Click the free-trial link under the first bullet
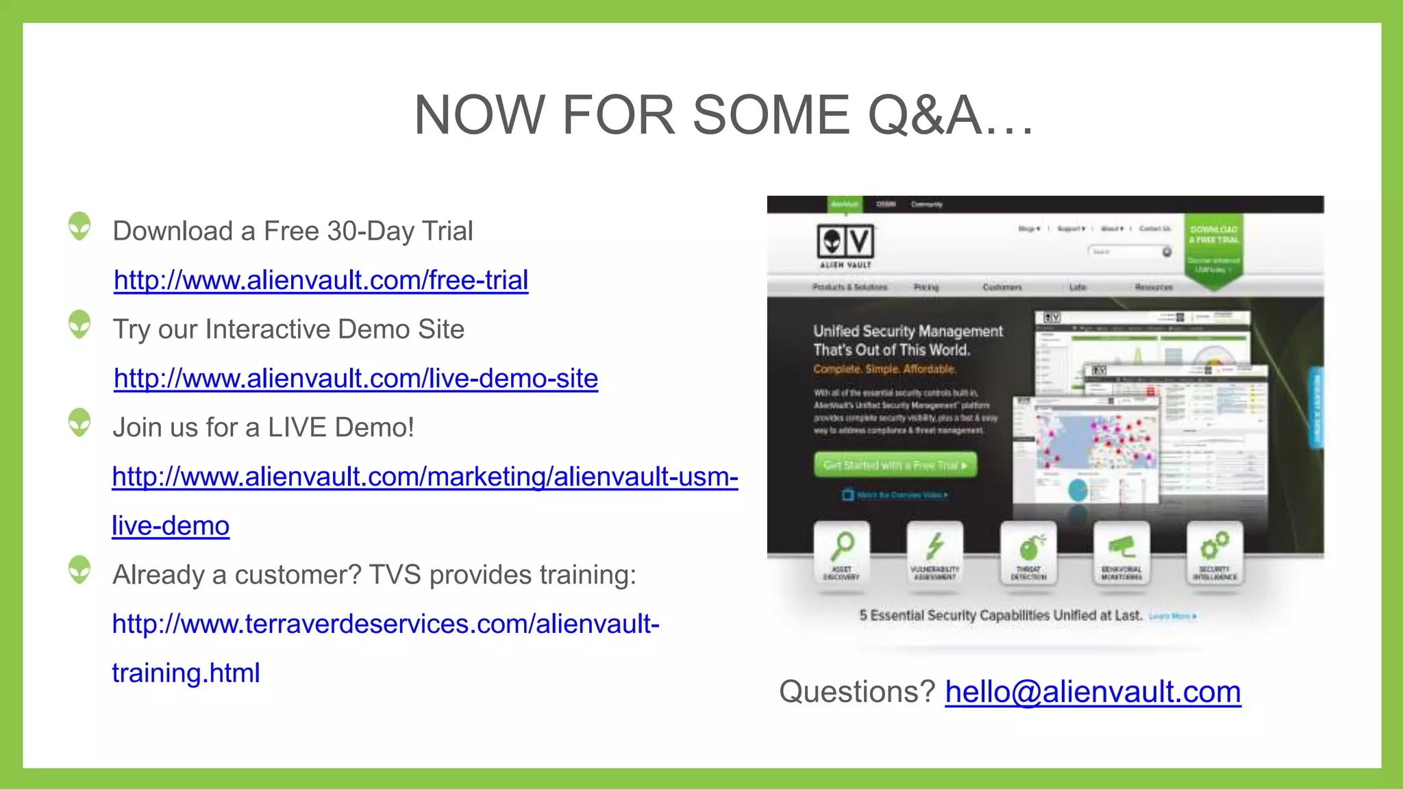pyautogui.click(x=321, y=281)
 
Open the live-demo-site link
pyautogui.click(x=356, y=379)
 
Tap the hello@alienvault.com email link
pyautogui.click(x=1093, y=692)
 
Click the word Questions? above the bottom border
pyautogui.click(x=857, y=692)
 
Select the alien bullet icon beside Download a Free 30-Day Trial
pyautogui.click(x=79, y=227)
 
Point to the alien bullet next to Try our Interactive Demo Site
pyautogui.click(x=79, y=325)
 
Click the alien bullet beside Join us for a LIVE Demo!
pyautogui.click(x=79, y=423)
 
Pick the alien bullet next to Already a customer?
pyautogui.click(x=79, y=570)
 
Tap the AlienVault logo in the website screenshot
pyautogui.click(x=845, y=245)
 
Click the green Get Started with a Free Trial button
pyautogui.click(x=895, y=465)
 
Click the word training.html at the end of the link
pyautogui.click(x=186, y=673)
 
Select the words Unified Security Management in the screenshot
pyautogui.click(x=908, y=331)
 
